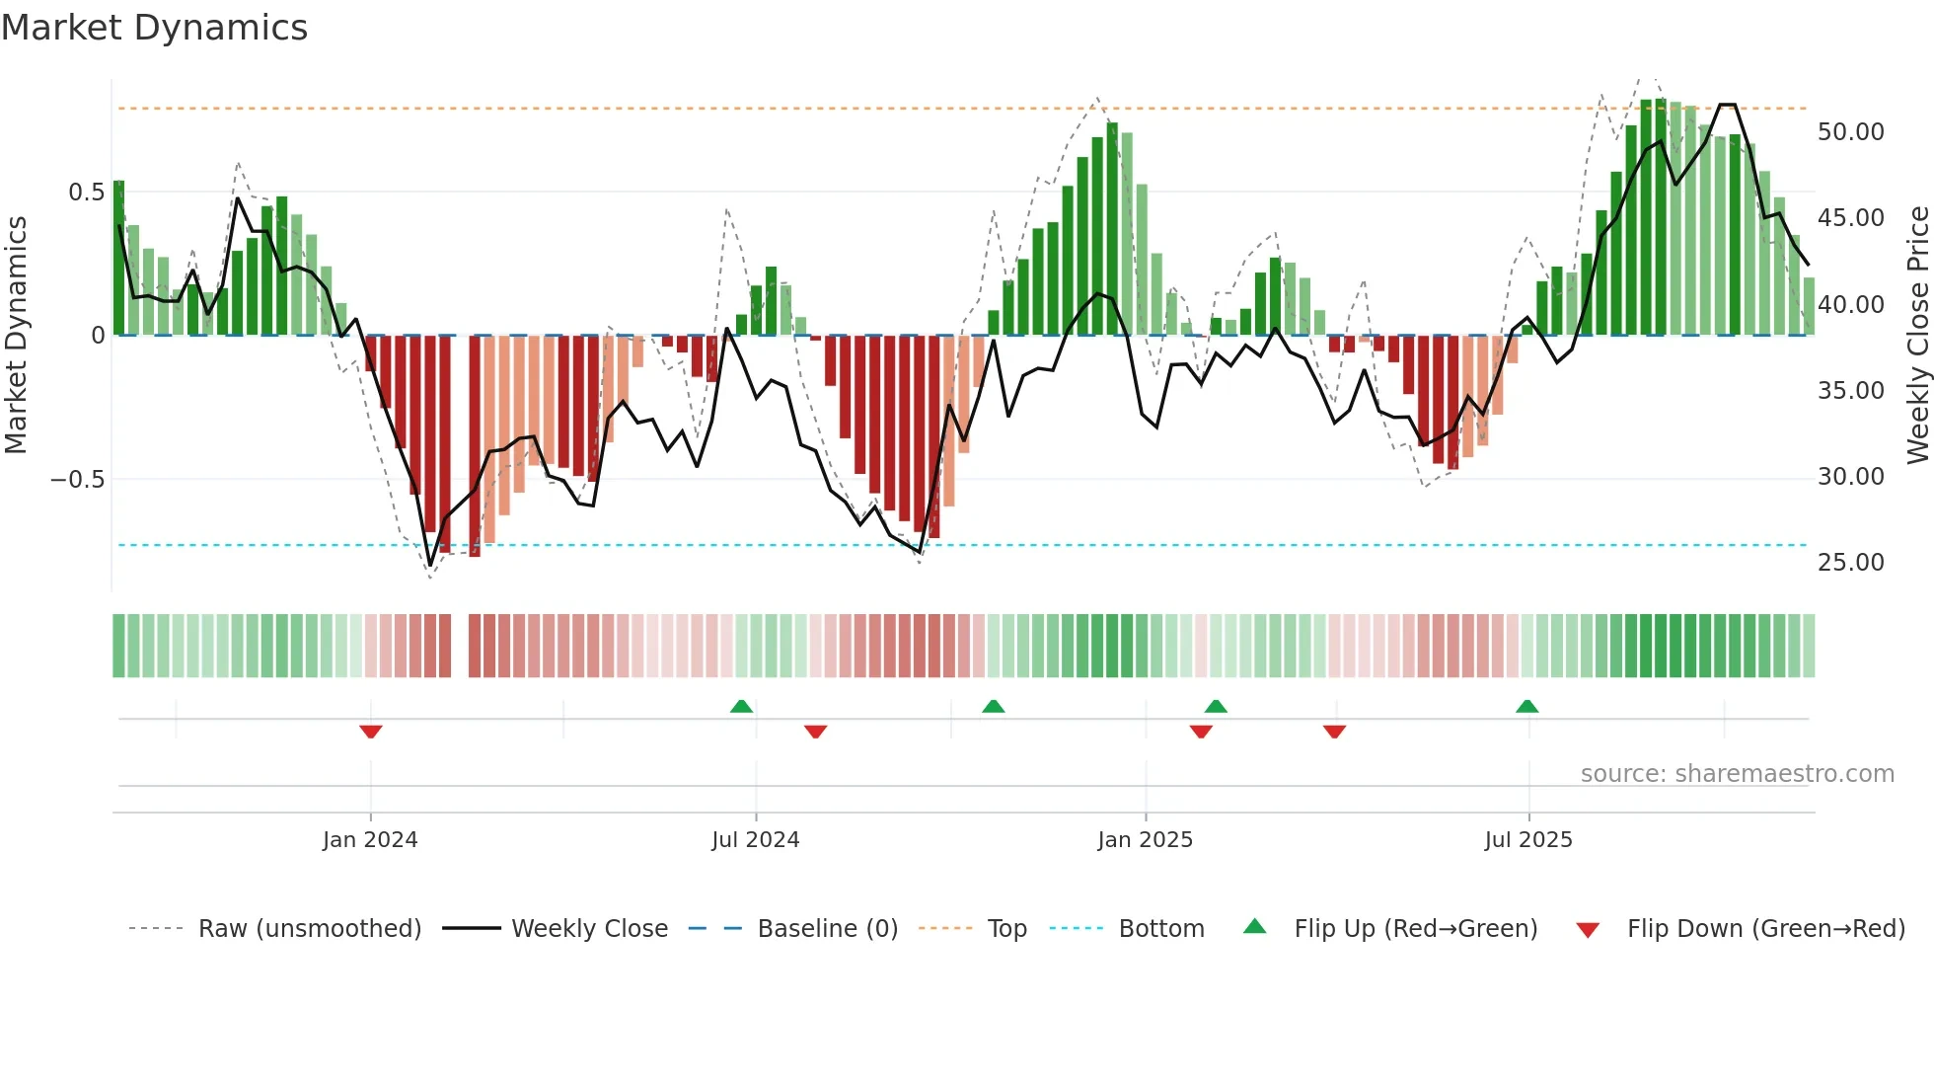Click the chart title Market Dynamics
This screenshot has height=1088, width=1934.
(154, 28)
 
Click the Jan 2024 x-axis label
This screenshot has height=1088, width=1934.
(370, 840)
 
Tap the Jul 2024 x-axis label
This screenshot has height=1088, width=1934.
(755, 840)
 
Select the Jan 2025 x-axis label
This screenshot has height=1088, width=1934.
(1145, 840)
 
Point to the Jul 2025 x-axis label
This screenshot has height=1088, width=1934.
(1527, 840)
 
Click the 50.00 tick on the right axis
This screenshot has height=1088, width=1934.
(1850, 132)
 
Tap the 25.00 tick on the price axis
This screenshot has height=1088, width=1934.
(1850, 563)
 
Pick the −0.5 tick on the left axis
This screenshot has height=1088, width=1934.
(77, 480)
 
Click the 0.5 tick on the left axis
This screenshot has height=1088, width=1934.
(86, 193)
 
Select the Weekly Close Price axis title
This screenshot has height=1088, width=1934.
(1917, 335)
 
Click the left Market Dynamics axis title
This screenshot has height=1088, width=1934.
(16, 335)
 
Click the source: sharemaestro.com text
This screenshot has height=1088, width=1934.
(1737, 774)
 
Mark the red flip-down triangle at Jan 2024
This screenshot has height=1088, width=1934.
(371, 732)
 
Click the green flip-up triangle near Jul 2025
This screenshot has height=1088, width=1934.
(1526, 706)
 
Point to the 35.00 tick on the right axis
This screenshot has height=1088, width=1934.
(1850, 391)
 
